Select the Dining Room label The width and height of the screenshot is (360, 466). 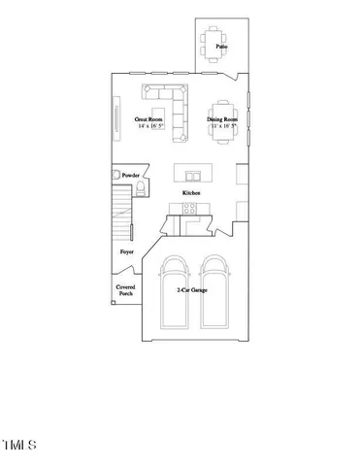click(222, 119)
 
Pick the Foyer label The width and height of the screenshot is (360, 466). click(126, 251)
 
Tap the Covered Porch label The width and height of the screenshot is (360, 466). click(126, 290)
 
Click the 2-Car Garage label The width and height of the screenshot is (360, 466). click(190, 290)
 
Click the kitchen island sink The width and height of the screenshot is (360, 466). click(191, 174)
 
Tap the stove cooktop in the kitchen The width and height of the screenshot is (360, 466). click(191, 206)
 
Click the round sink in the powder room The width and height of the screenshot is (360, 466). click(119, 175)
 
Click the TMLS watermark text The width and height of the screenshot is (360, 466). click(19, 446)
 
